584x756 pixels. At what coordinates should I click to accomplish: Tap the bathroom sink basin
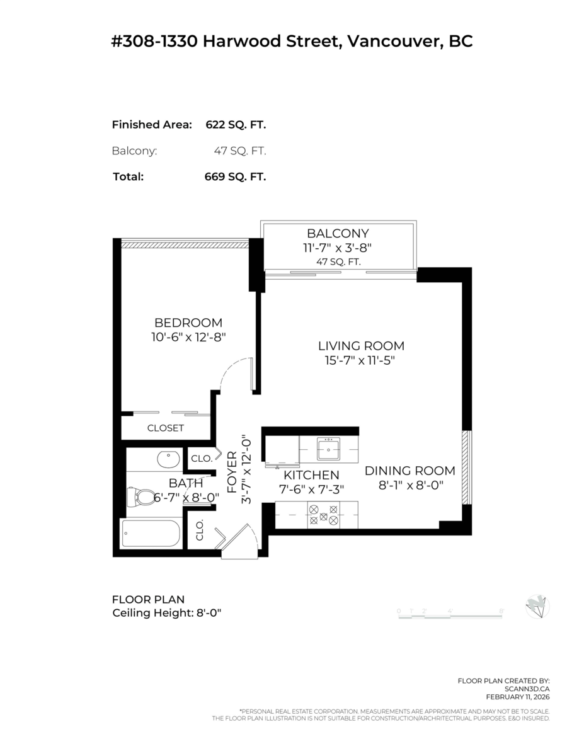[x=168, y=459]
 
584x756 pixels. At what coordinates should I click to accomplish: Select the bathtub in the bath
[x=151, y=534]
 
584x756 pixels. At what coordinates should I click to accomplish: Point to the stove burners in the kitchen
[x=323, y=515]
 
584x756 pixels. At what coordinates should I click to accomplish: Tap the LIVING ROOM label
[x=360, y=346]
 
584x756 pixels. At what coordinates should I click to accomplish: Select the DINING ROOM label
[x=409, y=471]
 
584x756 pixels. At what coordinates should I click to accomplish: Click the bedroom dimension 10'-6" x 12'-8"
[x=188, y=337]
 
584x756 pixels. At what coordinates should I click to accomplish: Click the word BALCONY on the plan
[x=338, y=233]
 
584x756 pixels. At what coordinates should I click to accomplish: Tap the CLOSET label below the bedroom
[x=165, y=428]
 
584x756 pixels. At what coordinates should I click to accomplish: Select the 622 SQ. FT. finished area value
[x=236, y=125]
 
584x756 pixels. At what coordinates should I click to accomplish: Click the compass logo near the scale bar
[x=537, y=607]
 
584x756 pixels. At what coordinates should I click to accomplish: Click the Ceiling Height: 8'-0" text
[x=166, y=613]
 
